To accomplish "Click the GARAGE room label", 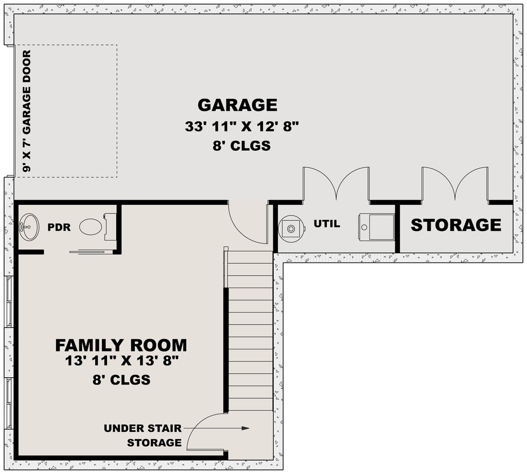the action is click(x=237, y=105).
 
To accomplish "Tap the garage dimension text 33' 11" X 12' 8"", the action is click(x=242, y=127).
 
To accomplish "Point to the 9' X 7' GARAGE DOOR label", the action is click(x=27, y=111).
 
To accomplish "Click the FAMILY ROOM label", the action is click(x=121, y=345).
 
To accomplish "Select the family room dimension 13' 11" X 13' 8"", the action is click(x=121, y=361).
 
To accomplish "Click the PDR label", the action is click(x=59, y=227).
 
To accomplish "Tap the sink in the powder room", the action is click(x=29, y=227).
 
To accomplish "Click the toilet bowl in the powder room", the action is click(x=91, y=226).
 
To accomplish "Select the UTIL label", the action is click(x=327, y=223).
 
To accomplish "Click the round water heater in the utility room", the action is click(x=291, y=229).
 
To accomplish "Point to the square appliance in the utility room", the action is click(x=376, y=227).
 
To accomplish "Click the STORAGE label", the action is click(x=456, y=225).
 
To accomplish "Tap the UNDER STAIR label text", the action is click(x=143, y=428).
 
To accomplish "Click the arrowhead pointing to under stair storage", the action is click(x=245, y=428).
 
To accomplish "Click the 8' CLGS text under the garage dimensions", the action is click(x=242, y=146).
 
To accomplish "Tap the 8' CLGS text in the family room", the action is click(x=121, y=380).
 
